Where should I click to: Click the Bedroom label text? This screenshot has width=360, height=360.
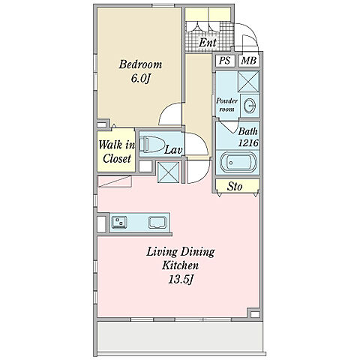coord(140,64)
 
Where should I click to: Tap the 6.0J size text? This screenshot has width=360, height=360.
coord(140,79)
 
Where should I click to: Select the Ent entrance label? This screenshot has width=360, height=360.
coord(208,43)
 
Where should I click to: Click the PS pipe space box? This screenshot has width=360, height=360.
coord(224,61)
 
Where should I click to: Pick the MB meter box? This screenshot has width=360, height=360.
coord(249,61)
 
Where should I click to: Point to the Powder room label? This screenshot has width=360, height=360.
coord(226,105)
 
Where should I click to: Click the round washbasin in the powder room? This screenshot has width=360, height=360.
coord(250,106)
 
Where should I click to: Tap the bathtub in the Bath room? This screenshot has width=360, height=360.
coord(238,162)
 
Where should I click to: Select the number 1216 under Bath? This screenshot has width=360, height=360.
coord(248,143)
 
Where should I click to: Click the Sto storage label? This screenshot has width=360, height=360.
coord(235,186)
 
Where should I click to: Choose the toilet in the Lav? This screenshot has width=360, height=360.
coord(151,145)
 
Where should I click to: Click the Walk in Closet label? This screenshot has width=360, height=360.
coord(116,151)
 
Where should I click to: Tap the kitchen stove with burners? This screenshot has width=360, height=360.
coord(119,222)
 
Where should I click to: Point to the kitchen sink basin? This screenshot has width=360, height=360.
coord(157,223)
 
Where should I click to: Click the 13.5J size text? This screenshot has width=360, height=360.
coord(181,280)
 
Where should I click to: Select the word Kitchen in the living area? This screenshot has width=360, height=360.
coord(181,265)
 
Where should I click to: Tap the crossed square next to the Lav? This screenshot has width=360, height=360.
coord(168,172)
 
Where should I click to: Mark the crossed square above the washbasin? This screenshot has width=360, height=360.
coord(248,82)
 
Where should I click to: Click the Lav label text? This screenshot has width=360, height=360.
coord(173,150)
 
